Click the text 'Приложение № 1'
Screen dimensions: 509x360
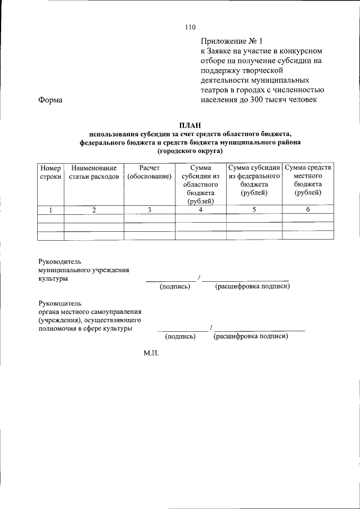click(x=231, y=41)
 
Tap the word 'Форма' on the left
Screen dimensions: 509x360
click(x=50, y=100)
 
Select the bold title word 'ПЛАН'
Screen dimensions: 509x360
click(x=190, y=125)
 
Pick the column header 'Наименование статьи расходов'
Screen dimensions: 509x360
click(x=94, y=172)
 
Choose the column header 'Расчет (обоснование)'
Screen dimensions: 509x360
click(x=150, y=172)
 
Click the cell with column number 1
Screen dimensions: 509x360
click(x=50, y=210)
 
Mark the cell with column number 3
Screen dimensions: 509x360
click(x=150, y=210)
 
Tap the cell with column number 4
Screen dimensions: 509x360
click(x=200, y=210)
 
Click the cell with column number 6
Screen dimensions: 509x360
click(x=308, y=210)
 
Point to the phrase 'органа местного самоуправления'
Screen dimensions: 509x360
click(x=89, y=311)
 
